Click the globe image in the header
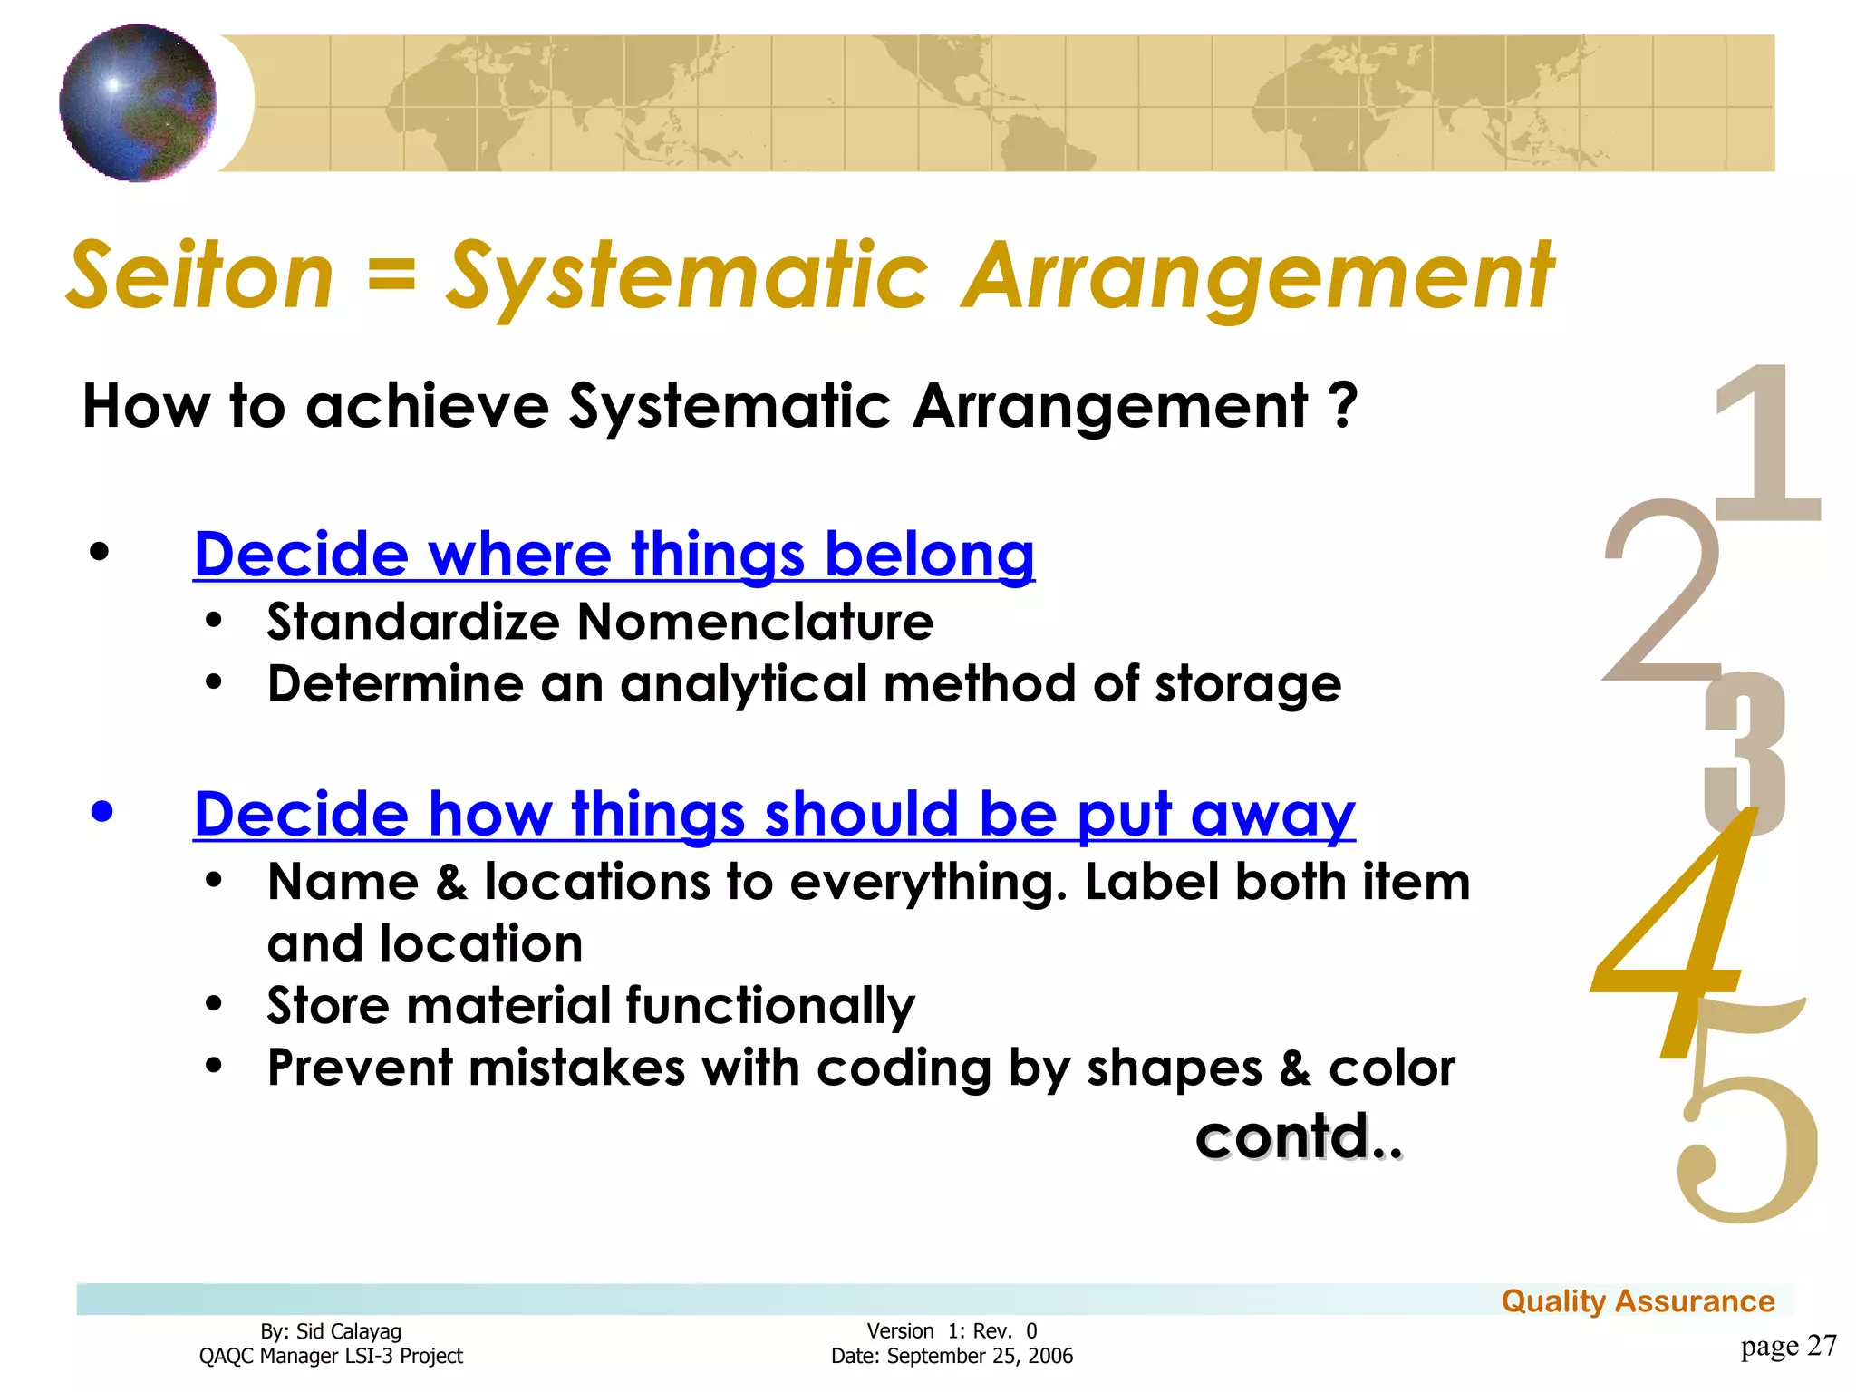click(x=138, y=102)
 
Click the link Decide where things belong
click(x=614, y=554)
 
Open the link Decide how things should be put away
click(x=774, y=814)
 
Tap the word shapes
click(x=1174, y=1068)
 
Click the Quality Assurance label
click(x=1638, y=1301)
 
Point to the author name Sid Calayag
click(x=348, y=1331)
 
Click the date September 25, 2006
click(x=979, y=1357)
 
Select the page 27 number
click(x=1788, y=1346)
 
